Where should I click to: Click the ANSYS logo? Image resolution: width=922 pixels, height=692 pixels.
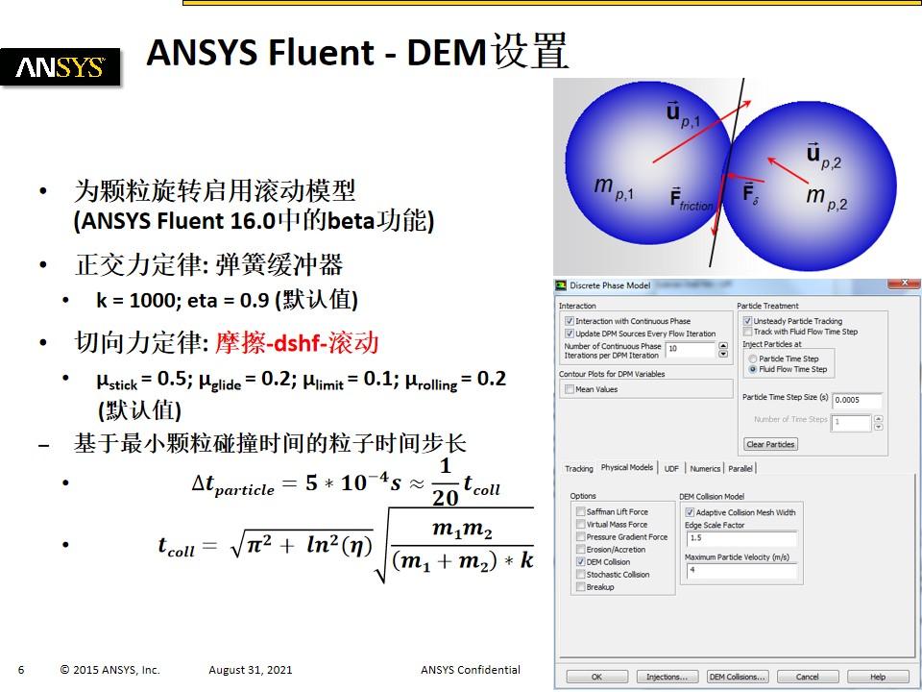tap(61, 67)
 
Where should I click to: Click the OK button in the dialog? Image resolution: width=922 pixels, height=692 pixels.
tap(596, 677)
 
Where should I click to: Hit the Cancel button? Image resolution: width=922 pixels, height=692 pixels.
tap(809, 677)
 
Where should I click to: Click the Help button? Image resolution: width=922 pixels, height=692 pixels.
tap(877, 677)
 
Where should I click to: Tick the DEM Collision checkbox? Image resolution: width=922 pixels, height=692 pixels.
tap(580, 561)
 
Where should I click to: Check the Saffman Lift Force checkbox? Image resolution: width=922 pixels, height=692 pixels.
tap(580, 511)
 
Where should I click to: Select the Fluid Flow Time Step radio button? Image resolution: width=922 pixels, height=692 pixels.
tap(752, 369)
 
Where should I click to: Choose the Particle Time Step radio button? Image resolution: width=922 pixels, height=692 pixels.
tap(752, 358)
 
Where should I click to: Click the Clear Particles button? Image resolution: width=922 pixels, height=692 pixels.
tap(770, 444)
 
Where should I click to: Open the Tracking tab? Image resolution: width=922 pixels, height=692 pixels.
tap(578, 469)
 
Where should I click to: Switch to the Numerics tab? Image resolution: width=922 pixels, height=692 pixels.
tap(705, 469)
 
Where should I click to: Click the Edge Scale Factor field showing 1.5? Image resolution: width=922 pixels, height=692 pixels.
tap(740, 538)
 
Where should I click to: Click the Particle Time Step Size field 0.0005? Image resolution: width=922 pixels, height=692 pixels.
tap(857, 400)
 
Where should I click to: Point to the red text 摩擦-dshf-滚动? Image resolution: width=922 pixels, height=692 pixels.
tap(298, 342)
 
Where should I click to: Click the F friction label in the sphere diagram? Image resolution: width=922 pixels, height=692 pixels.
tap(692, 199)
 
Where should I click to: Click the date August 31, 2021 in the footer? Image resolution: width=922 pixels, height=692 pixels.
tap(251, 670)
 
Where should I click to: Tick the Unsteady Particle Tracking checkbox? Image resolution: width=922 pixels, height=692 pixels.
tap(747, 321)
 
